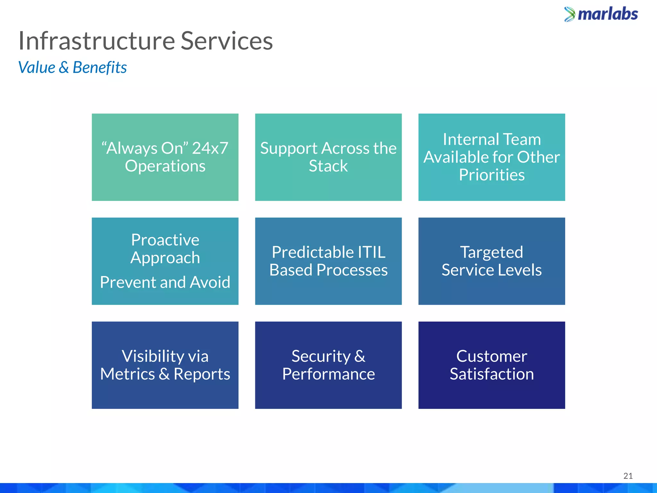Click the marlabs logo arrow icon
[x=570, y=14]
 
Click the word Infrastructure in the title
[x=97, y=41]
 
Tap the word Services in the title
[x=226, y=41]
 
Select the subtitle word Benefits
[x=100, y=68]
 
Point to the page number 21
[x=628, y=476]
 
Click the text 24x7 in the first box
[x=210, y=148]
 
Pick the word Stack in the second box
[x=328, y=166]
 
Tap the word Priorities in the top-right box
[x=491, y=175]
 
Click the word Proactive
[x=165, y=240]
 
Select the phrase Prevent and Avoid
[x=165, y=282]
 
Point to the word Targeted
[x=491, y=252]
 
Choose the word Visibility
[x=148, y=356]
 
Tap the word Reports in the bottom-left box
[x=202, y=374]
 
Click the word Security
[x=321, y=356]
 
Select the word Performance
[x=328, y=374]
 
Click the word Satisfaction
[x=491, y=374]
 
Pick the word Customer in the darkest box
[x=491, y=356]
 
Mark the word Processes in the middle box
[x=352, y=270]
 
